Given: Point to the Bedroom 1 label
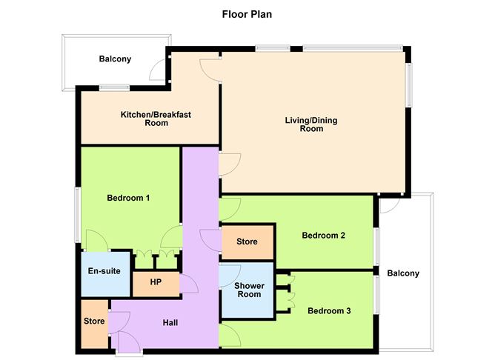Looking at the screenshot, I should point(128,198).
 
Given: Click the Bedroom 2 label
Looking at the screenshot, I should point(324,236).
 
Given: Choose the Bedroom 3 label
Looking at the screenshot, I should point(329,310).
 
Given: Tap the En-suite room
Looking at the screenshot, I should point(104,271).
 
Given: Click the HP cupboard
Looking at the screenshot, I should point(156,282).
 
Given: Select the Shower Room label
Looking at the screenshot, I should point(248,290).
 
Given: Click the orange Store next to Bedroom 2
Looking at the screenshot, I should point(247,241).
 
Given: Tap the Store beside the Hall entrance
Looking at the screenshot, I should point(93,322).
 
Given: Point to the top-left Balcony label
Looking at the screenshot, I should point(115,59).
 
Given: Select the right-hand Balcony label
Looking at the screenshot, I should point(404,273).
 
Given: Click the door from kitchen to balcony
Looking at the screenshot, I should point(159,70).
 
